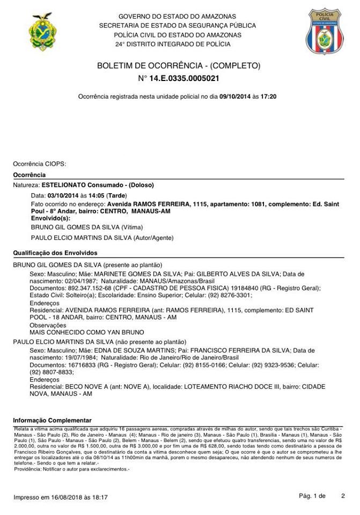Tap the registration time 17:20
click(269, 97)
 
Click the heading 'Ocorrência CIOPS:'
click(39, 164)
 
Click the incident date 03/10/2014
click(63, 196)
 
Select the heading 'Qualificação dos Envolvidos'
click(55, 253)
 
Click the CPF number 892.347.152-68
click(88, 288)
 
